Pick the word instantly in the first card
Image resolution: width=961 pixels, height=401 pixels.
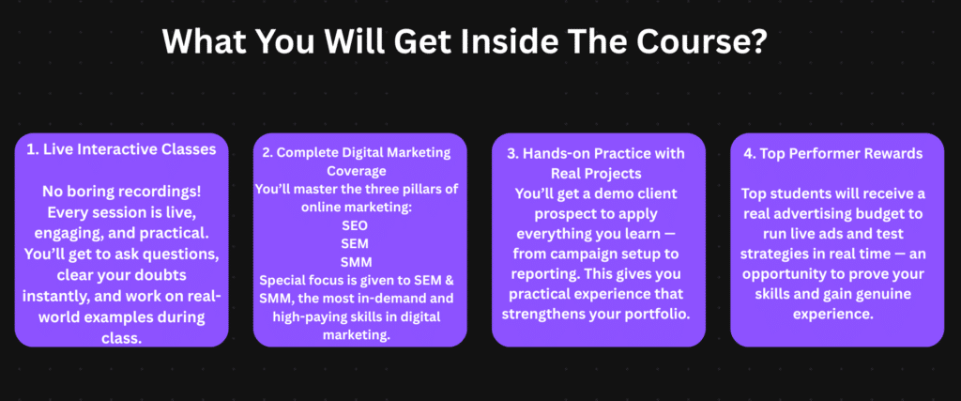(54, 296)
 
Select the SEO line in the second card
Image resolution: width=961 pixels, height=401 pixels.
(356, 225)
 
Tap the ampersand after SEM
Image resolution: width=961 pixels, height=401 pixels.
(452, 281)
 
